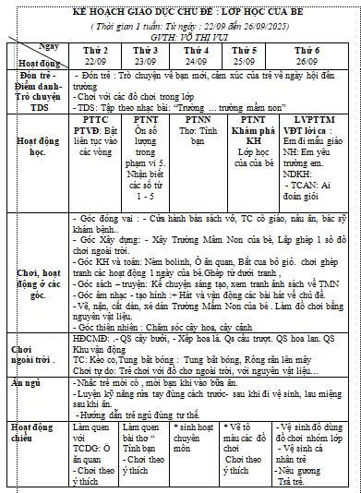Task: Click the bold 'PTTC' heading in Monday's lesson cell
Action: (x=96, y=119)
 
